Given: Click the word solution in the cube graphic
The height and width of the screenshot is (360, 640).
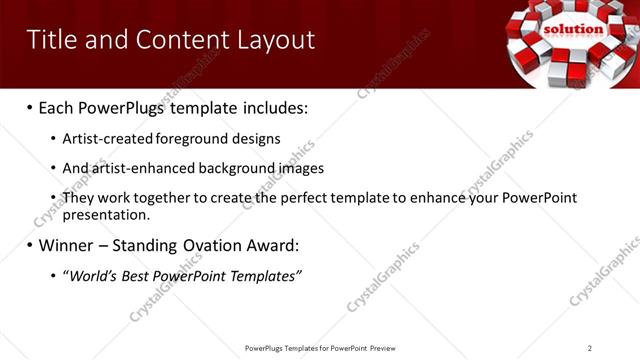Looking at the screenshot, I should point(573,29).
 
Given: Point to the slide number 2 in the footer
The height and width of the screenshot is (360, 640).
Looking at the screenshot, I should point(589,348).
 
